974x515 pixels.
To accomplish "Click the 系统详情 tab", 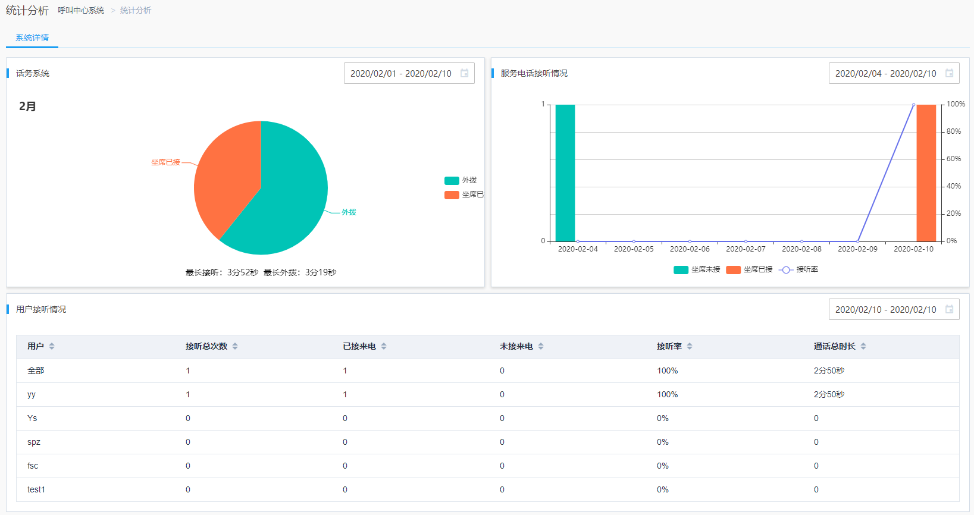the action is tap(32, 38).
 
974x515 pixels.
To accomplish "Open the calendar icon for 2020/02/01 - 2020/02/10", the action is tap(464, 73).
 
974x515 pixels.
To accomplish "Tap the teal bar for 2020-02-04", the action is tap(565, 173).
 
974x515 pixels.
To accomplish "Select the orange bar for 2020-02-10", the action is tap(926, 173).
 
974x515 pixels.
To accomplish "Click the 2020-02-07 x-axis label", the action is tap(746, 249).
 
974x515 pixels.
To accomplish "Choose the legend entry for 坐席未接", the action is tap(697, 269).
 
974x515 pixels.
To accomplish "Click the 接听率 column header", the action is tap(669, 346).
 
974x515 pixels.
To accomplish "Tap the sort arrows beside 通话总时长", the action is tap(863, 346).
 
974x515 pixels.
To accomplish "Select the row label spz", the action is tap(34, 442).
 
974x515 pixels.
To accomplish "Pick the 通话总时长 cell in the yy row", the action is tap(829, 395).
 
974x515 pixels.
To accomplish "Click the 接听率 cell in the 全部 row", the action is tap(668, 370).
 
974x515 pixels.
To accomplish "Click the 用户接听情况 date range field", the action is tap(894, 309).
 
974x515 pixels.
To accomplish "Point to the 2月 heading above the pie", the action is tap(27, 106).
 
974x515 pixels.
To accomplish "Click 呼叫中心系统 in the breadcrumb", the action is tap(81, 11).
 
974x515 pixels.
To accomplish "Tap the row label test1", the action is tap(36, 490).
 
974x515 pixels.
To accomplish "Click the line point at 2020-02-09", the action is tap(857, 241).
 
